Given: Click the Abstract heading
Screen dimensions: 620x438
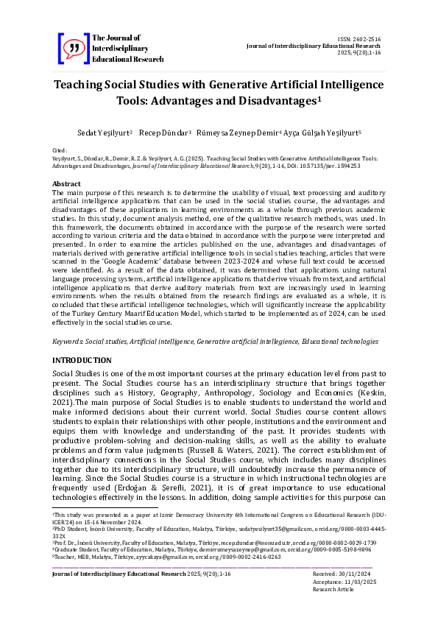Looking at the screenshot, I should tap(66, 183).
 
